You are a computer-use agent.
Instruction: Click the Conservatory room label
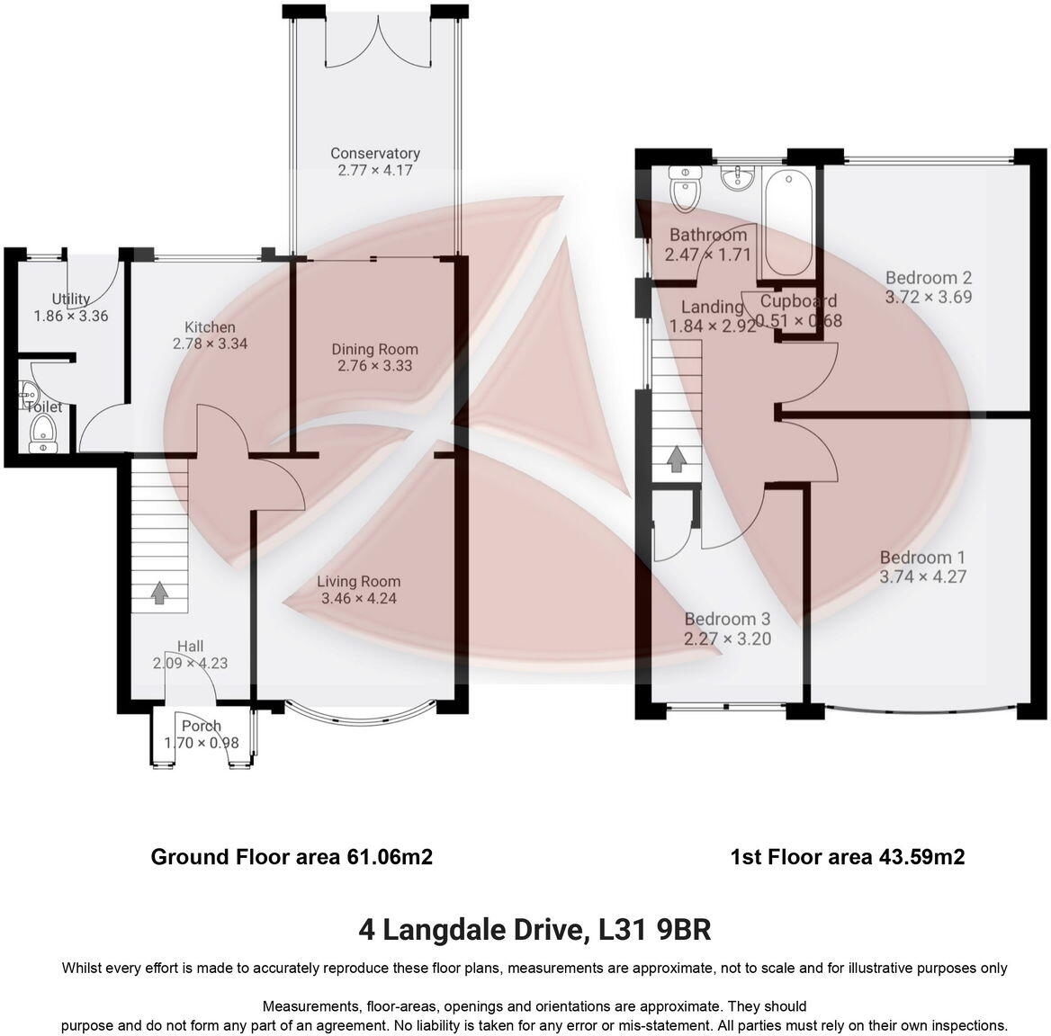point(374,153)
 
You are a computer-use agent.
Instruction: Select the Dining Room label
point(374,349)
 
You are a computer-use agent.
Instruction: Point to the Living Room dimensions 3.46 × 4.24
point(358,598)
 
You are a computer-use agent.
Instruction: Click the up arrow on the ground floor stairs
point(159,593)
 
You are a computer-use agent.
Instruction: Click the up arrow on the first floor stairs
point(676,460)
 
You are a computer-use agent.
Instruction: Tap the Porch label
point(202,726)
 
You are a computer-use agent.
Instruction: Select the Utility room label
point(70,299)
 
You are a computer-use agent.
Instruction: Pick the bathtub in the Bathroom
point(787,223)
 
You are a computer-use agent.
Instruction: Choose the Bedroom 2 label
point(928,277)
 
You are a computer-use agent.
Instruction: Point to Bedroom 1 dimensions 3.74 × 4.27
point(922,576)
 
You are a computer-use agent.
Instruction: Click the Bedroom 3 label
point(727,619)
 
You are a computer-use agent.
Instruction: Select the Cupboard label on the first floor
point(798,300)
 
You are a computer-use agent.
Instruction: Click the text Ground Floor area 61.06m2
point(292,856)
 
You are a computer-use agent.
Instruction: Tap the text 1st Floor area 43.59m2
point(847,856)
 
